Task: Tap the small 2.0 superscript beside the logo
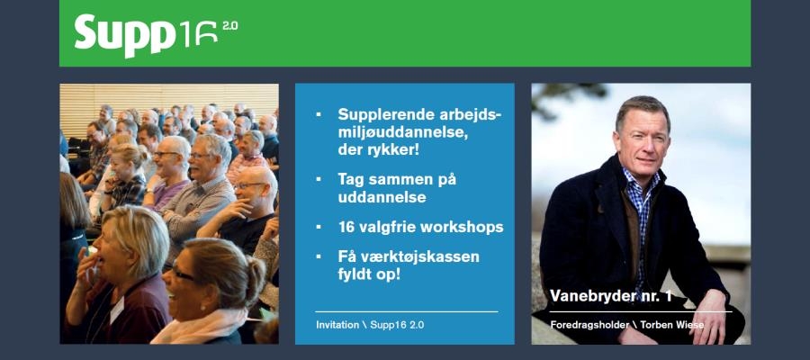tap(230, 26)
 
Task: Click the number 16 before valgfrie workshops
tap(346, 228)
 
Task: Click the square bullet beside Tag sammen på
tap(319, 179)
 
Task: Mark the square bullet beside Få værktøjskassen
tap(319, 256)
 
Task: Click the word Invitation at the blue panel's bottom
tap(337, 326)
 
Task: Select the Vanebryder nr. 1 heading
tap(610, 296)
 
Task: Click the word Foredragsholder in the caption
tap(589, 326)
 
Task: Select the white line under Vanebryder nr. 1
tap(641, 311)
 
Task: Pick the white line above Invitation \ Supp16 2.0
tap(407, 311)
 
